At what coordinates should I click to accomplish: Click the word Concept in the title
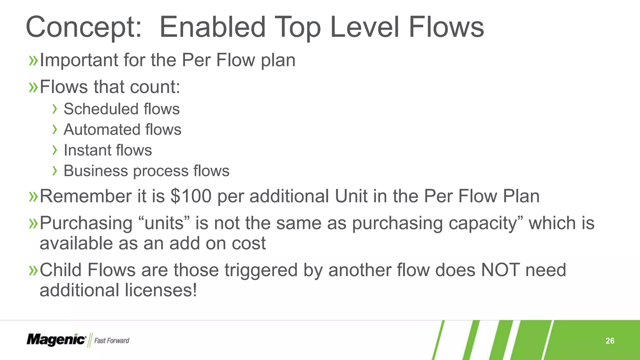pyautogui.click(x=83, y=27)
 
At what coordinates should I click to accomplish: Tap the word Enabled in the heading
pyautogui.click(x=212, y=27)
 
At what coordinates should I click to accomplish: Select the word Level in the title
pyautogui.click(x=364, y=27)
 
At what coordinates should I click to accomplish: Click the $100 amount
pyautogui.click(x=191, y=196)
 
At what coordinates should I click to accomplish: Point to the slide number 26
pyautogui.click(x=610, y=341)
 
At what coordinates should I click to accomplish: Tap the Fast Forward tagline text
pyautogui.click(x=112, y=341)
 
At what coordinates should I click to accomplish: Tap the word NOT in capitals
pyautogui.click(x=500, y=270)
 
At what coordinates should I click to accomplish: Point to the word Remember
pyautogui.click(x=85, y=196)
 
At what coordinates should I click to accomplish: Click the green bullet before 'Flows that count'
pyautogui.click(x=33, y=87)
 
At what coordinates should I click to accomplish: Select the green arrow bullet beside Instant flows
pyautogui.click(x=55, y=150)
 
